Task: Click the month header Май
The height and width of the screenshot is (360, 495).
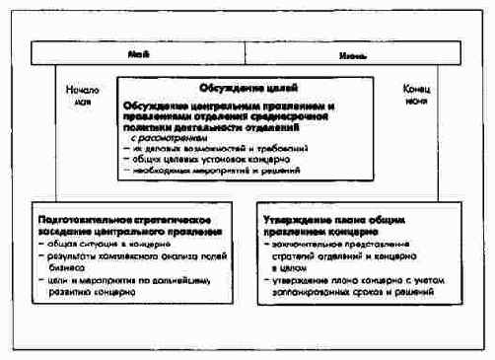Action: [141, 53]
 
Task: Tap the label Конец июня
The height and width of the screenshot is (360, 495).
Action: [416, 95]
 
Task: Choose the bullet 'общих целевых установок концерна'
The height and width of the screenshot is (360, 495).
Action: [206, 159]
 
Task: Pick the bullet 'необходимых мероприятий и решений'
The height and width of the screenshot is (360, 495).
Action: [211, 170]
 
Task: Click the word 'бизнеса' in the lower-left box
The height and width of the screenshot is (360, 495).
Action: [61, 266]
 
